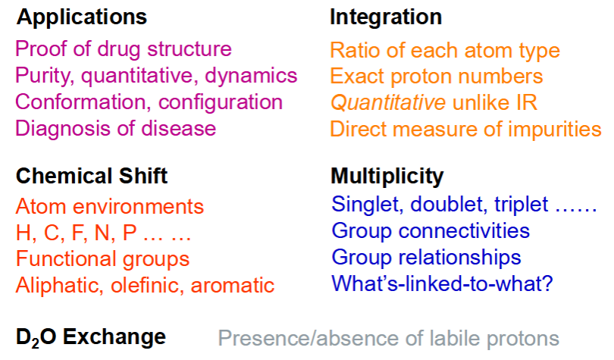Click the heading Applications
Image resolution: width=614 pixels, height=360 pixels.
pos(81,18)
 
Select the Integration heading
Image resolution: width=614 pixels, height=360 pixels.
pos(386,17)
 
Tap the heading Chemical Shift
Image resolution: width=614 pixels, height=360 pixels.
pos(92,176)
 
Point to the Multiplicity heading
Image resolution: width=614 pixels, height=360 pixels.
pos(387,177)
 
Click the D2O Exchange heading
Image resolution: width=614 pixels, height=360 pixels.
pos(91,337)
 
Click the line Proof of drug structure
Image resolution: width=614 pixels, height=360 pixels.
pos(124,49)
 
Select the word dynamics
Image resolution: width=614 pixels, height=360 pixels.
pos(251,76)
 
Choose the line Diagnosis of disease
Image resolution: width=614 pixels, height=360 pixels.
pos(115,128)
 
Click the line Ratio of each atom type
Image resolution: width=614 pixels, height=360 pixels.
pos(445,52)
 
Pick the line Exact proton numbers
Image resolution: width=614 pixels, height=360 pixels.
pos(436,77)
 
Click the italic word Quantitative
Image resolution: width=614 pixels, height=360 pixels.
pos(388,103)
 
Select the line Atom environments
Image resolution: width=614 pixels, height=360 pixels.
pos(110,206)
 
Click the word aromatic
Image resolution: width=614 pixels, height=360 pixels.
pos(233,285)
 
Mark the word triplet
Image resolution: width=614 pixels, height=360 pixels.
pos(522,205)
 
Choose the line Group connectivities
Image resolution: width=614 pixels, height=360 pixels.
pos(431,231)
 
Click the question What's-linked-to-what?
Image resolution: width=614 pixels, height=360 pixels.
pos(442,283)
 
